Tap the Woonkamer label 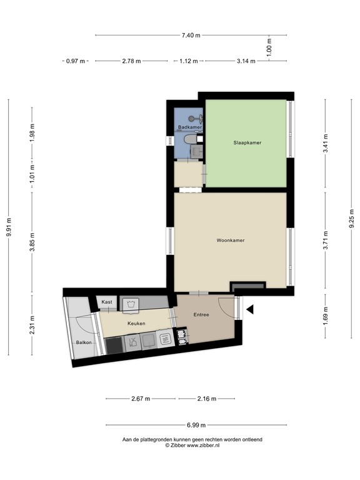pos(230,240)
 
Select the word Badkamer pos(189,127)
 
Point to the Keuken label pos(136,323)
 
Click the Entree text pos(201,314)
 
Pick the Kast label pos(106,302)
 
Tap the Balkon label pos(84,343)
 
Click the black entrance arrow pos(249,309)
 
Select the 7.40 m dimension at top pos(191,35)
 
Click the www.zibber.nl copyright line pos(192,446)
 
